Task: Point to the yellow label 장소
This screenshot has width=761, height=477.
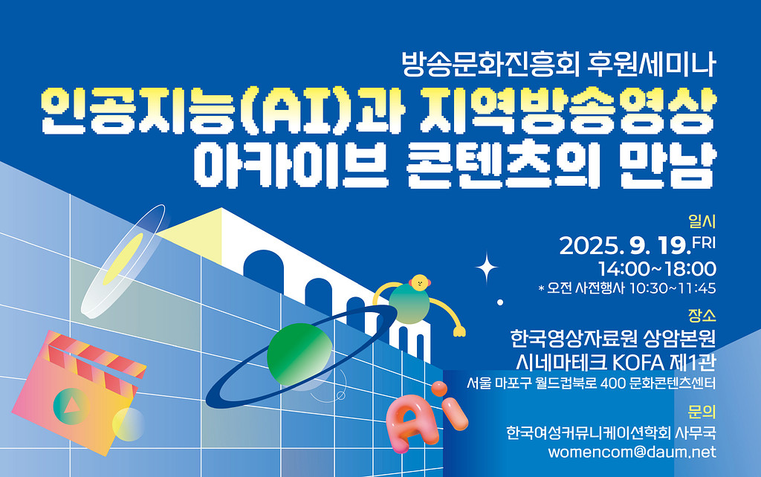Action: (x=702, y=315)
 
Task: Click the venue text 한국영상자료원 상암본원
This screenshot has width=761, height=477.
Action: (x=613, y=339)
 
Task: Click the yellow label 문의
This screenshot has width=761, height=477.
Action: (x=702, y=411)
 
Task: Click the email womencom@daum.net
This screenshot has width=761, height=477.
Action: (x=632, y=452)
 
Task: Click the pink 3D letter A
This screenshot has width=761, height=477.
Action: (x=408, y=421)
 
